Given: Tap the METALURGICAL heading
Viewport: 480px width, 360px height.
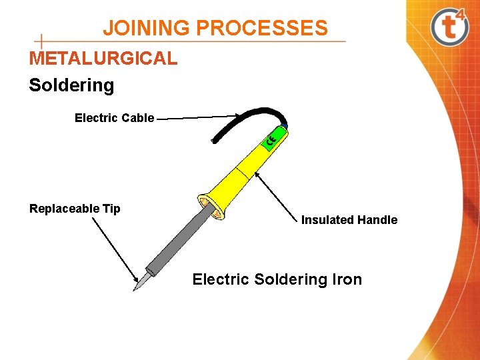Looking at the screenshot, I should click(103, 58).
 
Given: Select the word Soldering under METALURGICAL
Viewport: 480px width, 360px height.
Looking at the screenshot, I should click(71, 85).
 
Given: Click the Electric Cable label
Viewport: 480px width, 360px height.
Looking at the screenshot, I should click(114, 118).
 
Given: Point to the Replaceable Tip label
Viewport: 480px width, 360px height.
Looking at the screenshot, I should click(75, 209).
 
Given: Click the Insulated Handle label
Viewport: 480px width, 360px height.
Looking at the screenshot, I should click(349, 220).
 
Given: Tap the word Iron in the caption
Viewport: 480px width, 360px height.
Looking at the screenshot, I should click(347, 279).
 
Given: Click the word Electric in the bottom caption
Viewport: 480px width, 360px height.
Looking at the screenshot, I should click(221, 279).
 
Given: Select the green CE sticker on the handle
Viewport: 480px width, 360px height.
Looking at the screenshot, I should click(271, 140).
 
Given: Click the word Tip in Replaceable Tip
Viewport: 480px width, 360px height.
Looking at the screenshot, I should click(111, 209).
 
